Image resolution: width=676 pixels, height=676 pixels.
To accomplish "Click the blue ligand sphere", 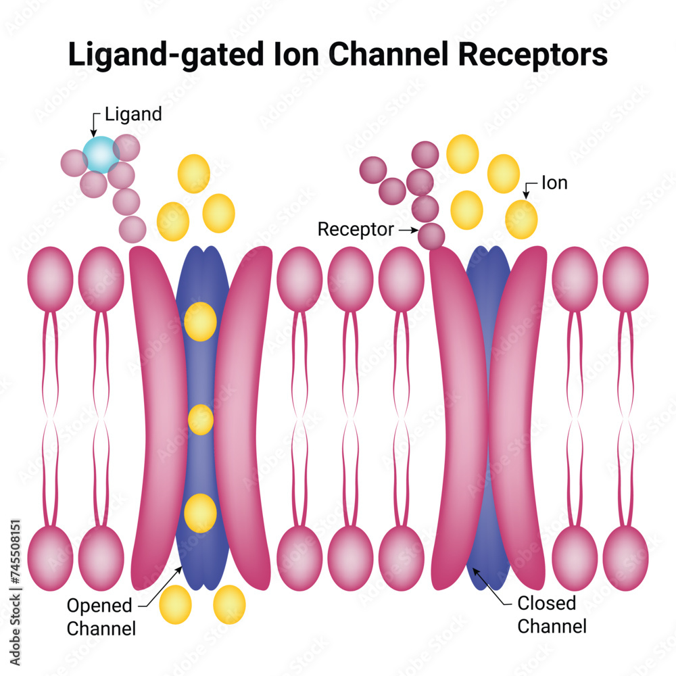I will point(101,155).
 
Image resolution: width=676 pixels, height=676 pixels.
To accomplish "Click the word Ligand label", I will point(133,114).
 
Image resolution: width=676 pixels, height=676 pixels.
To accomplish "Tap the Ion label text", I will point(554,183).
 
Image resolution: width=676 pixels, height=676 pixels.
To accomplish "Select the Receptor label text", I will point(356,230).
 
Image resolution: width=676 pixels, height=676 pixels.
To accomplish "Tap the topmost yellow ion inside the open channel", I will point(200,321).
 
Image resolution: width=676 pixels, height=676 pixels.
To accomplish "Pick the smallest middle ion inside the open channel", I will point(201,420).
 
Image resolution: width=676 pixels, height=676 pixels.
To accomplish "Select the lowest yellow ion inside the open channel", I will point(200,513).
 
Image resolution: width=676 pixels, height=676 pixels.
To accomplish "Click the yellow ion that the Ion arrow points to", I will point(521,219).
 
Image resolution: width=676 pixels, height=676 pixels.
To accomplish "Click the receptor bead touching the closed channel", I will point(431,236).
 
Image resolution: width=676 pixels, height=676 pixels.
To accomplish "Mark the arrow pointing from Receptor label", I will point(407,231).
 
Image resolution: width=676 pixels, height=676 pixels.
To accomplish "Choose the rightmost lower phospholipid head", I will point(625,548).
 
